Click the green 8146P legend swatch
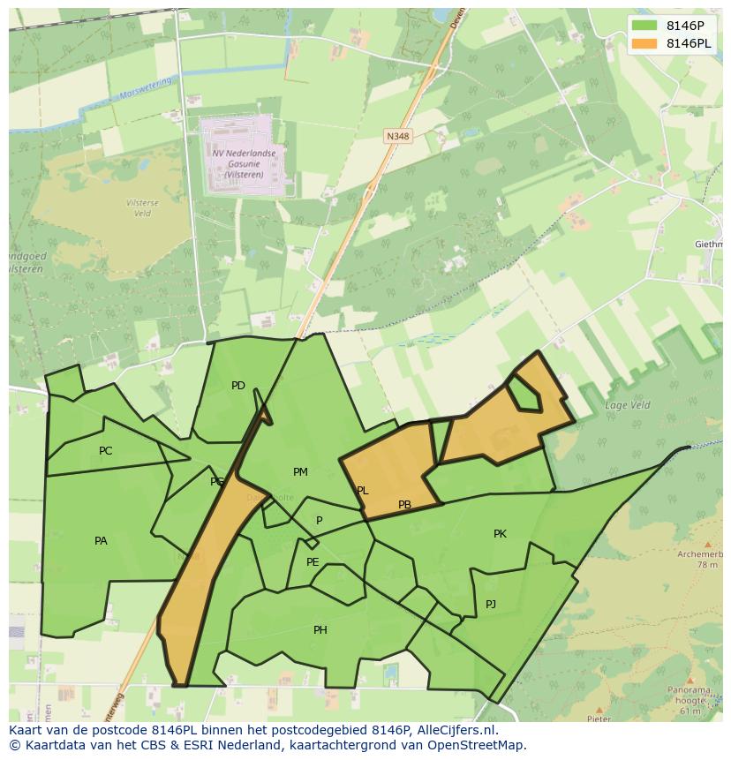click(645, 26)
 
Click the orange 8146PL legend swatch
click(645, 44)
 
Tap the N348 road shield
click(397, 136)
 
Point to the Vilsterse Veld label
click(141, 207)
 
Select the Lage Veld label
click(627, 405)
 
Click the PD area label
click(238, 386)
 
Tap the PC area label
click(106, 451)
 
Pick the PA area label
click(101, 541)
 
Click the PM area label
click(300, 472)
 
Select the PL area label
click(362, 491)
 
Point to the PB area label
click(404, 505)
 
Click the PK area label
click(500, 534)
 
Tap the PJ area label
click(491, 605)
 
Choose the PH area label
click(320, 630)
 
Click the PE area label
click(313, 562)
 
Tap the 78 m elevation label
click(707, 565)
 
